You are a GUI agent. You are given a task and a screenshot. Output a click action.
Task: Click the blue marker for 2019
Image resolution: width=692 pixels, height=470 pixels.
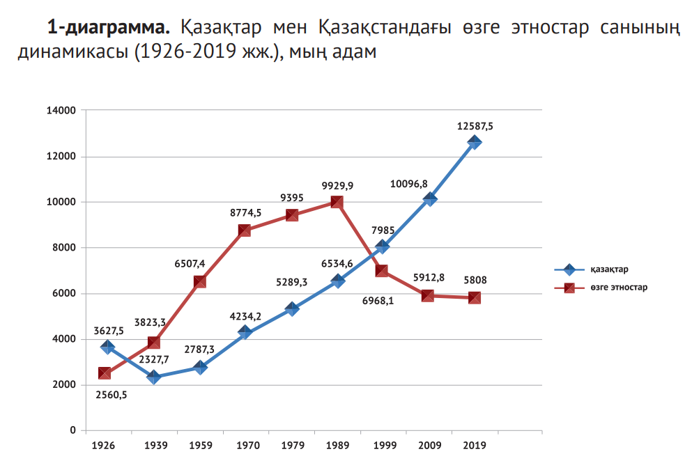(475, 143)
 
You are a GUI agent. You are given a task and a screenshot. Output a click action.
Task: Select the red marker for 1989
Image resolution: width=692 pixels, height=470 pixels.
(337, 202)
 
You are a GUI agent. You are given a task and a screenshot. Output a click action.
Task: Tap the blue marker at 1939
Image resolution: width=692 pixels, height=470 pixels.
(153, 377)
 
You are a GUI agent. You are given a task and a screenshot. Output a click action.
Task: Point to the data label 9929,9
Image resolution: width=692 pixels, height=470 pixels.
(337, 186)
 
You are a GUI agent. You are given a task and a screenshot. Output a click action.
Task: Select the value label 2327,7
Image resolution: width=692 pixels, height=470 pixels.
(155, 359)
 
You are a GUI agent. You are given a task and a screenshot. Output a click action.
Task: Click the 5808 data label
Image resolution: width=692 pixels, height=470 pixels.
(475, 281)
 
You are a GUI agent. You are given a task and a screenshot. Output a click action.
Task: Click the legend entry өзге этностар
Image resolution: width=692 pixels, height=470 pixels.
(619, 287)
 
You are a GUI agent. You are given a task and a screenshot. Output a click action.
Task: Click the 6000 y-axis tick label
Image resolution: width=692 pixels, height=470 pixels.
(65, 294)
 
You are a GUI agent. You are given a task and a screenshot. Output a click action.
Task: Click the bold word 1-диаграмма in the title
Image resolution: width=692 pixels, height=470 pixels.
(108, 29)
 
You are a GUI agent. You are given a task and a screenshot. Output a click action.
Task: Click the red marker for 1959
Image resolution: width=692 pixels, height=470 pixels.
(199, 282)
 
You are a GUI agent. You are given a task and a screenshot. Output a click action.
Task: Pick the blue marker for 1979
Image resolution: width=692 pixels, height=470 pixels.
(291, 309)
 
